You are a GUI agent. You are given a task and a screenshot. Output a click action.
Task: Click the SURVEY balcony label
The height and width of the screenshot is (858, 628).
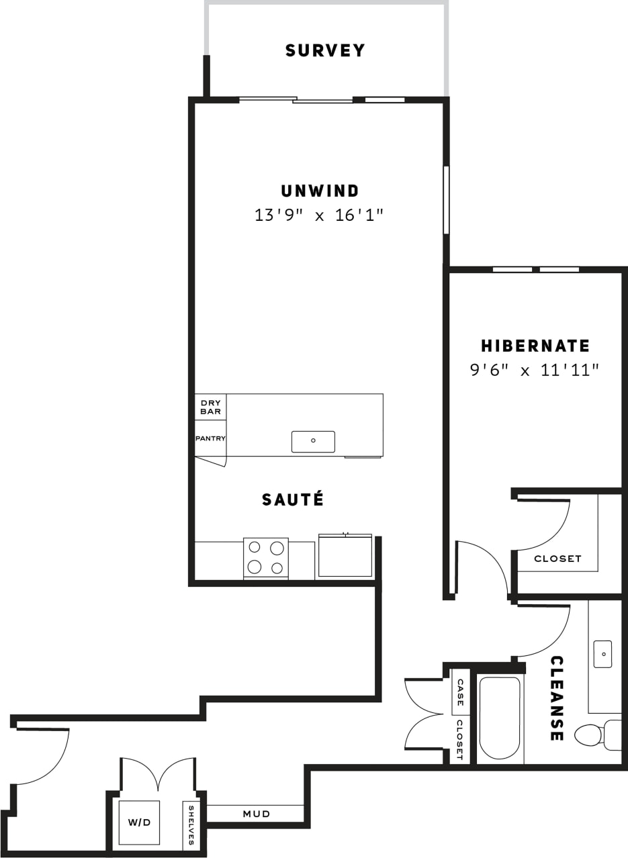click(x=325, y=51)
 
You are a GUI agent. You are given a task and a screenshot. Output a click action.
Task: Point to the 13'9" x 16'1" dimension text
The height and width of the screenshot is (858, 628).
click(x=319, y=216)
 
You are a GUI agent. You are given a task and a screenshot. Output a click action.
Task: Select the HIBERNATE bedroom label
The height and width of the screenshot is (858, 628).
click(x=535, y=346)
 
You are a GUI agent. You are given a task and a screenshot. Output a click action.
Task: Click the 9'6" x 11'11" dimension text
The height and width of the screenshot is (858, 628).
click(x=535, y=370)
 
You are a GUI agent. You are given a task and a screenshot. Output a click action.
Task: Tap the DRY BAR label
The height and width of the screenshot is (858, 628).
click(x=210, y=407)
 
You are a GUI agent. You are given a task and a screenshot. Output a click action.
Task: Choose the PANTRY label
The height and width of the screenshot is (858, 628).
click(x=210, y=438)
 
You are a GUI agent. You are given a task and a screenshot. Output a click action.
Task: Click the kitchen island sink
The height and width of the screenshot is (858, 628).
click(x=313, y=441)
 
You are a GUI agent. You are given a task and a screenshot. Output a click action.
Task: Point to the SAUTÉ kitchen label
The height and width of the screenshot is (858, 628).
click(x=293, y=499)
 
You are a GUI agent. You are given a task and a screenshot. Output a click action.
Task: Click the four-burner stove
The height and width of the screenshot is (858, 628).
click(x=265, y=557)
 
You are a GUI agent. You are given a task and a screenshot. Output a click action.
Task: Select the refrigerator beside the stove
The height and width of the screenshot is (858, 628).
click(x=345, y=555)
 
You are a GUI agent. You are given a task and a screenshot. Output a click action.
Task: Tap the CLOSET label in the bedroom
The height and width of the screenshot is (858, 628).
click(x=557, y=559)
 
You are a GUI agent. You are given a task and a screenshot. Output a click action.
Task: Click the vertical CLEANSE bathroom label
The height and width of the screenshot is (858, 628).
click(x=556, y=698)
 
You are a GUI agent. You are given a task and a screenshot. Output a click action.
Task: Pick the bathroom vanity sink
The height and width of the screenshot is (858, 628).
click(x=602, y=654)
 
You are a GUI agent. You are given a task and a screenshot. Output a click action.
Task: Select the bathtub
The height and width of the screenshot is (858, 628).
click(x=499, y=718)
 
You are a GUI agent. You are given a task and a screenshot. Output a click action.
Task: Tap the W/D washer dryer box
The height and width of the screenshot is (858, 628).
click(x=139, y=822)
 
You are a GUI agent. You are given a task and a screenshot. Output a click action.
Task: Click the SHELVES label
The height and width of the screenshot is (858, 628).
click(x=191, y=825)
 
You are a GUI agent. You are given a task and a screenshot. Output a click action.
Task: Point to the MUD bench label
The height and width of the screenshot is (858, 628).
click(x=257, y=814)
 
